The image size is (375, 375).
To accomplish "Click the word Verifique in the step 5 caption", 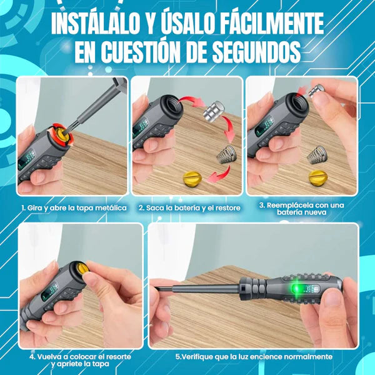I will pyautogui.click(x=201, y=357).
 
